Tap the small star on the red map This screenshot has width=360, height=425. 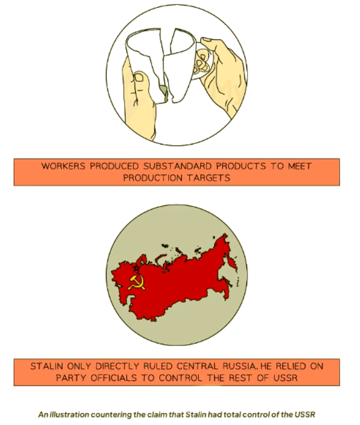(136, 268)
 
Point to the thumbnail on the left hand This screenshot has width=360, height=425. (139, 77)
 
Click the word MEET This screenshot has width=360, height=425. (300, 166)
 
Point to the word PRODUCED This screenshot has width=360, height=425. (111, 166)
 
